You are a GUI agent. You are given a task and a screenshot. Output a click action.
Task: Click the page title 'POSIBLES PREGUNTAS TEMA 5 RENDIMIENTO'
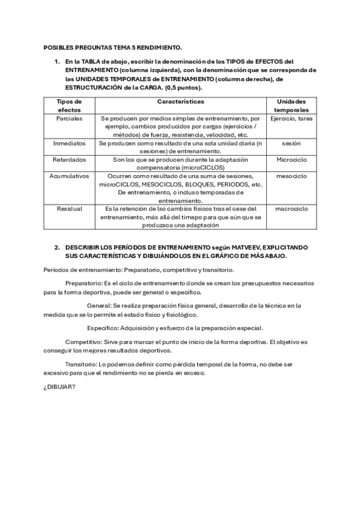(113, 47)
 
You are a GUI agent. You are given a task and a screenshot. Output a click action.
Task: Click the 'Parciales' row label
(69, 118)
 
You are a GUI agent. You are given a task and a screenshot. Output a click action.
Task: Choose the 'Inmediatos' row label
(69, 144)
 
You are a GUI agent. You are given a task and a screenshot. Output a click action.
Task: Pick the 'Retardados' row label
(69, 160)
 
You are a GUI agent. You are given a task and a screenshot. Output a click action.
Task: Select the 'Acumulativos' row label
(69, 176)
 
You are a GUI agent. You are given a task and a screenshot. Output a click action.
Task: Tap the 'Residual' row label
(69, 209)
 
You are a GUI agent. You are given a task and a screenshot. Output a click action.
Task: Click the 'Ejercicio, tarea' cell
(291, 118)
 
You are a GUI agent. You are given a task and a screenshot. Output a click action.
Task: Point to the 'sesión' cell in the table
(291, 144)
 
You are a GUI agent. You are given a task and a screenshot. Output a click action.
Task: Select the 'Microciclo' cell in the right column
(291, 160)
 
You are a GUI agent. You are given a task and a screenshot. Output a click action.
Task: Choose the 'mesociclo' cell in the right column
(291, 176)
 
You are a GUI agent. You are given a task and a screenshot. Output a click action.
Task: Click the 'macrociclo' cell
(291, 209)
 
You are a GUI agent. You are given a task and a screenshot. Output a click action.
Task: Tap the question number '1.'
(57, 61)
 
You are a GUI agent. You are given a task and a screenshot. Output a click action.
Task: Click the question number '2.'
(57, 247)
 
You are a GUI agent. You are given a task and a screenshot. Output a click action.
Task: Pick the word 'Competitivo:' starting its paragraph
(84, 342)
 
